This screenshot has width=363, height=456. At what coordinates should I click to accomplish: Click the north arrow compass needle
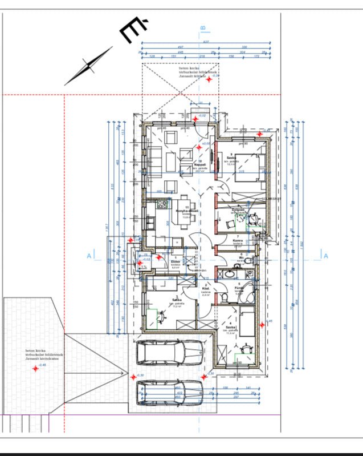click(88, 66)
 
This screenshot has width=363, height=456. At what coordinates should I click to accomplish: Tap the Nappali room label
click(199, 165)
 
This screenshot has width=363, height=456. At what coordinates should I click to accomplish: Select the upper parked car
click(169, 352)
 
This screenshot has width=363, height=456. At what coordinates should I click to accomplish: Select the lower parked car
click(169, 392)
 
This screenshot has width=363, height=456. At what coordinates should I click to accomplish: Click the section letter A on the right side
click(325, 256)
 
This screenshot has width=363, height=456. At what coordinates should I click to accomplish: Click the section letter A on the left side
click(89, 256)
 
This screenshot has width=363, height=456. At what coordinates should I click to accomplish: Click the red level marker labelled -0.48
click(35, 369)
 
